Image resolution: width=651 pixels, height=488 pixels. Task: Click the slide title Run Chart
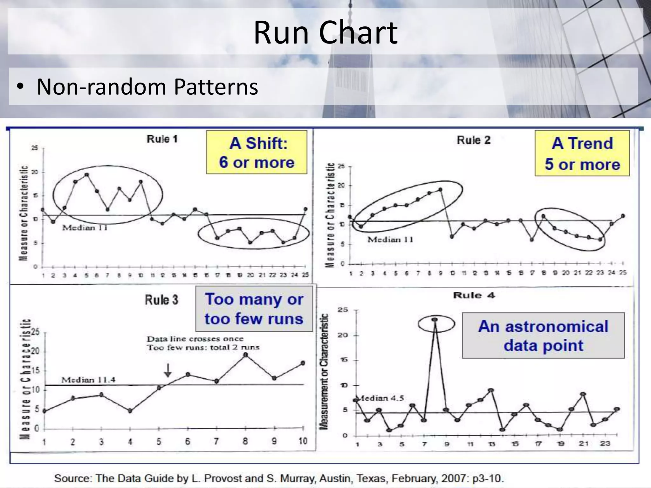(x=325, y=32)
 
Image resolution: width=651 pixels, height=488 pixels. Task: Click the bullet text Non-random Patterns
(x=147, y=86)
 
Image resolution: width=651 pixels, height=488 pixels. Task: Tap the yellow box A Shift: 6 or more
(x=257, y=152)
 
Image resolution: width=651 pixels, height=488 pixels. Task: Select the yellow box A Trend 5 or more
(x=582, y=153)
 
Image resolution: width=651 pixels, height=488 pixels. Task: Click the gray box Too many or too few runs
(x=254, y=309)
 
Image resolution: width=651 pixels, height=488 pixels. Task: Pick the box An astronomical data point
(x=543, y=335)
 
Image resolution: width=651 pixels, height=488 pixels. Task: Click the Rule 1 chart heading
(x=162, y=139)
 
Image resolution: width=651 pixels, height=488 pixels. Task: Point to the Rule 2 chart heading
(x=473, y=140)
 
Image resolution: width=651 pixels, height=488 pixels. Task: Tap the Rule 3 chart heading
(x=161, y=300)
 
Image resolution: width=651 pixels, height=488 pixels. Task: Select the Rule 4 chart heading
(x=474, y=295)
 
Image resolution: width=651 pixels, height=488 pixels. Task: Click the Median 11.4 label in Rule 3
(x=88, y=380)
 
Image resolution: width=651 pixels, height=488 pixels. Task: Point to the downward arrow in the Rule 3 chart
(x=168, y=370)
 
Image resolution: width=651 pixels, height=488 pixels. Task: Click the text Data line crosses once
(x=195, y=339)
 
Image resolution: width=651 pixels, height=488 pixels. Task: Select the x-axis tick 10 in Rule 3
(x=303, y=441)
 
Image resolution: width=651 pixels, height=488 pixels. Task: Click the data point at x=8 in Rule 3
(x=245, y=355)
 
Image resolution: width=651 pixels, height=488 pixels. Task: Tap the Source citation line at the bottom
(x=279, y=478)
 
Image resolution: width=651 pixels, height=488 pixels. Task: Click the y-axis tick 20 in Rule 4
(x=345, y=335)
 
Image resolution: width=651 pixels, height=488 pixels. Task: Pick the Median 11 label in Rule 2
(x=390, y=240)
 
